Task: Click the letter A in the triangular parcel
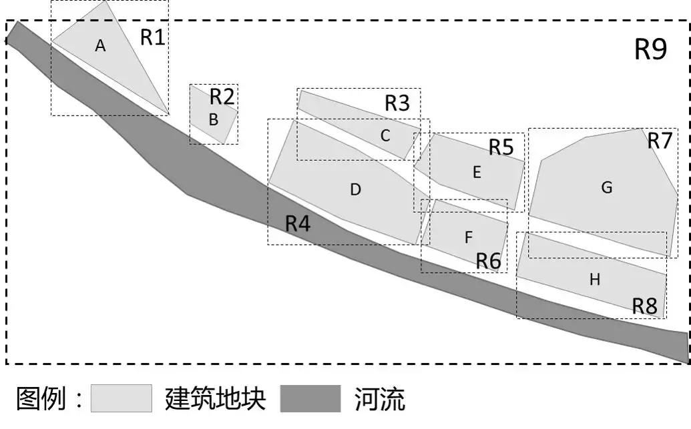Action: tap(101, 45)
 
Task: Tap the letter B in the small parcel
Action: tap(214, 120)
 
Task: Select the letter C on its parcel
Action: tap(385, 135)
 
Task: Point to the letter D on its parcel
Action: tap(355, 189)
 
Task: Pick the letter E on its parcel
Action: tap(477, 172)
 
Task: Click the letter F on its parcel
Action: tap(468, 237)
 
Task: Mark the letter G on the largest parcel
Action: tap(606, 188)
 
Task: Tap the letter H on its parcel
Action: tap(594, 280)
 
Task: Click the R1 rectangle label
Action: tap(152, 37)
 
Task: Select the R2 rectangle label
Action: tap(222, 97)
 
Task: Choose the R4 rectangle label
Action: tap(298, 224)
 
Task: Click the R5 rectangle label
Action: tap(501, 147)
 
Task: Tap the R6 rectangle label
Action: tap(488, 262)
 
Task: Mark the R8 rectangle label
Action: tap(645, 306)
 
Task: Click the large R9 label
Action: tap(650, 50)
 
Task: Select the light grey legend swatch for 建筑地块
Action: tap(122, 399)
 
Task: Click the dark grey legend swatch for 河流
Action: tap(310, 399)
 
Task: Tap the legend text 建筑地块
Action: tap(215, 399)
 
